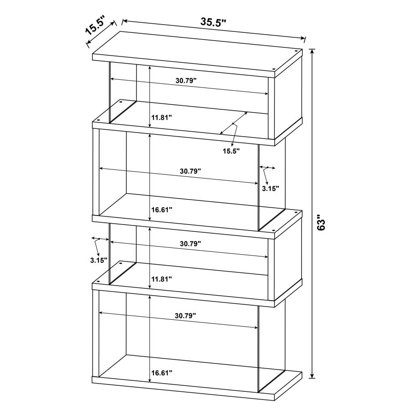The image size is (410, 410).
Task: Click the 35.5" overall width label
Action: pyautogui.click(x=214, y=22)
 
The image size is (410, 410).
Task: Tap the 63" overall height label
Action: pyautogui.click(x=323, y=224)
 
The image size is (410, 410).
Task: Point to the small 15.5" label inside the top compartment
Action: pyautogui.click(x=231, y=151)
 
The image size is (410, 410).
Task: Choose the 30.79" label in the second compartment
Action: pyautogui.click(x=190, y=171)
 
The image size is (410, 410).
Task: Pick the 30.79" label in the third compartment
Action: pyautogui.click(x=190, y=243)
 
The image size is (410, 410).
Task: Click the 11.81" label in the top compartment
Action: pyautogui.click(x=162, y=117)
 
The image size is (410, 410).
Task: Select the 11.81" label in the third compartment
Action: pyautogui.click(x=162, y=278)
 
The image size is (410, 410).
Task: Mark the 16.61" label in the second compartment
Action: pyautogui.click(x=162, y=210)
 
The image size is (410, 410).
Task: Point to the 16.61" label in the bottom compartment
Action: pyautogui.click(x=162, y=373)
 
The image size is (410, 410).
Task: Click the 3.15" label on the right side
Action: pyautogui.click(x=270, y=187)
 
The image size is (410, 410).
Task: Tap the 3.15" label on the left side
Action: pyautogui.click(x=98, y=260)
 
